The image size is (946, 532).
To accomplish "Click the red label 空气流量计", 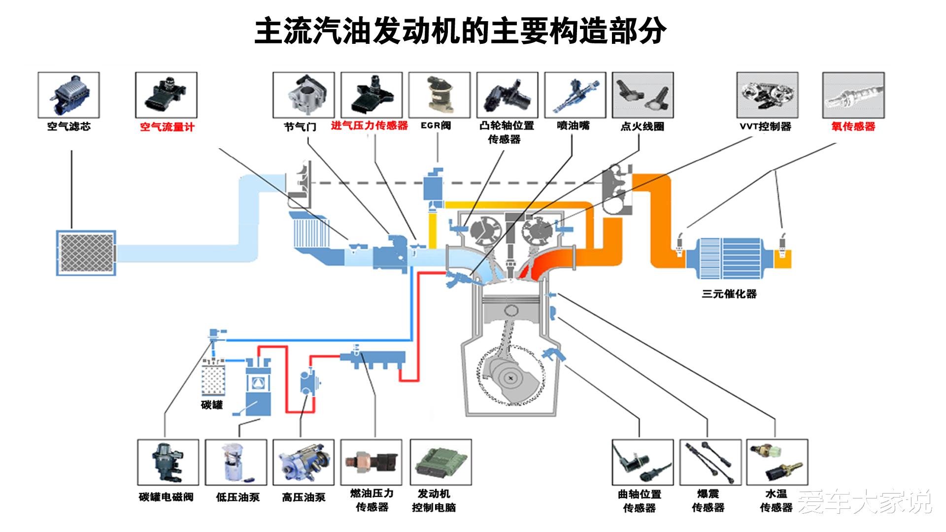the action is pos(167,127).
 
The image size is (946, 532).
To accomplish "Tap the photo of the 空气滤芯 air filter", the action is pos(68,95).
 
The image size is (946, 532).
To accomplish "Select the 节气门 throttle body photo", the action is pos(304,95).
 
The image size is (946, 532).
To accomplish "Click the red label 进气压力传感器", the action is pos(370,126).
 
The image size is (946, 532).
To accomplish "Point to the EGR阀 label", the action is pos(436,126).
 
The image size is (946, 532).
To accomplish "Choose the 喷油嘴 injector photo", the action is pos(575,95).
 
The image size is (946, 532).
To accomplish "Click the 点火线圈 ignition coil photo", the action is pos(642,95).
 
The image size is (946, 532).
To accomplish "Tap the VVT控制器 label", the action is pos(765,127).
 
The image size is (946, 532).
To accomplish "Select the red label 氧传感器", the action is pos(853,127).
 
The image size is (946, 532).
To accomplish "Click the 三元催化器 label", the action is pos(729,294).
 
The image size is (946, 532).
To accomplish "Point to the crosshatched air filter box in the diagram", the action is pos(86,253).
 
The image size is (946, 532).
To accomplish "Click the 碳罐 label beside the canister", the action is pos(212,405).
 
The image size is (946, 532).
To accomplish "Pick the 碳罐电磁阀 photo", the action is pos(168,462).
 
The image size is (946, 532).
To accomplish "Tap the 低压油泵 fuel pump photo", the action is pos(236,462).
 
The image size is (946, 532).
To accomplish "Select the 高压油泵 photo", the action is pos(304,462).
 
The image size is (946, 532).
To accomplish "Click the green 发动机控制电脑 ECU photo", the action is pos(440,462).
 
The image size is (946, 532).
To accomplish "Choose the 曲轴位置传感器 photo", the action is pos(642,462).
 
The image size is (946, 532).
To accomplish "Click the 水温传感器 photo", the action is pos(777,462).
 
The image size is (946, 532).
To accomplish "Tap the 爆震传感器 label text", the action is pos(709,500).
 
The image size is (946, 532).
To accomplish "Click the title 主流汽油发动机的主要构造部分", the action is pos(460,32).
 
